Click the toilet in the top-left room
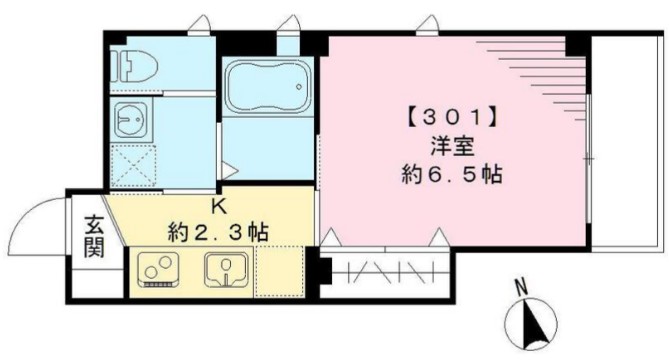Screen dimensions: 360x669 132,66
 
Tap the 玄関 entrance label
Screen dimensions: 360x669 92,238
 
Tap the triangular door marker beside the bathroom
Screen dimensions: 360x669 229,171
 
